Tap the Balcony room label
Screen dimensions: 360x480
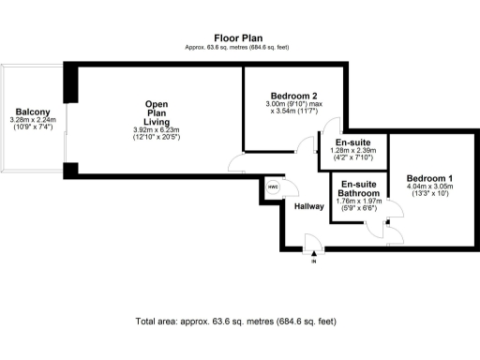click(x=32, y=111)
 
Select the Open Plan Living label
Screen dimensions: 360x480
click(x=156, y=112)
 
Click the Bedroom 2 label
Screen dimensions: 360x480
click(x=293, y=97)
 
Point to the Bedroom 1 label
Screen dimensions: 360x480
click(x=429, y=178)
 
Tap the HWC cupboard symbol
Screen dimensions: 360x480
click(x=274, y=187)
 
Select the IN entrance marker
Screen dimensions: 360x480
click(x=313, y=260)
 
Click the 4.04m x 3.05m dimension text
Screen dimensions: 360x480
click(x=429, y=187)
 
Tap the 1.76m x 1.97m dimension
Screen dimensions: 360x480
click(x=359, y=200)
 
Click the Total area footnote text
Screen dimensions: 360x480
click(x=235, y=322)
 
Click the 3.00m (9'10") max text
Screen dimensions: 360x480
click(x=293, y=105)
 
